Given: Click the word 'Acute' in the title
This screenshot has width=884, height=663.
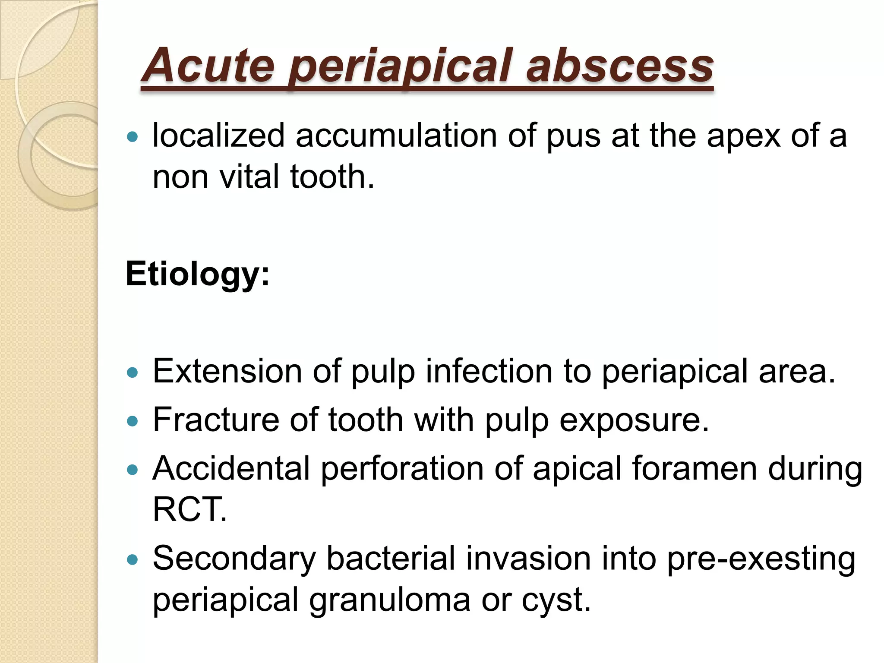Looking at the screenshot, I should (x=208, y=66).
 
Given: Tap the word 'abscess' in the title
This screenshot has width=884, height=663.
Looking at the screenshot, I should (x=619, y=66).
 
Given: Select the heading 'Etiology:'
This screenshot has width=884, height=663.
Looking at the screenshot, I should (x=198, y=274).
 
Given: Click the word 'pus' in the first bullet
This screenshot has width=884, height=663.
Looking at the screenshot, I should (x=573, y=136).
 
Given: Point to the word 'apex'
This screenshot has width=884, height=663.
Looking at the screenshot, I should (x=743, y=136).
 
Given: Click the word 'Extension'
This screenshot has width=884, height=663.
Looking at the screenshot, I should (x=227, y=371).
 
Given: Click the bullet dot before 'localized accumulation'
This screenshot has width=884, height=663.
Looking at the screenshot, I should (x=133, y=137).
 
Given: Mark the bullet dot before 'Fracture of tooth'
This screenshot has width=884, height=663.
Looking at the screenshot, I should (x=133, y=421).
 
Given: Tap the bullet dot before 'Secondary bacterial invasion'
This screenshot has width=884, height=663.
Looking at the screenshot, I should (x=133, y=560).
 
